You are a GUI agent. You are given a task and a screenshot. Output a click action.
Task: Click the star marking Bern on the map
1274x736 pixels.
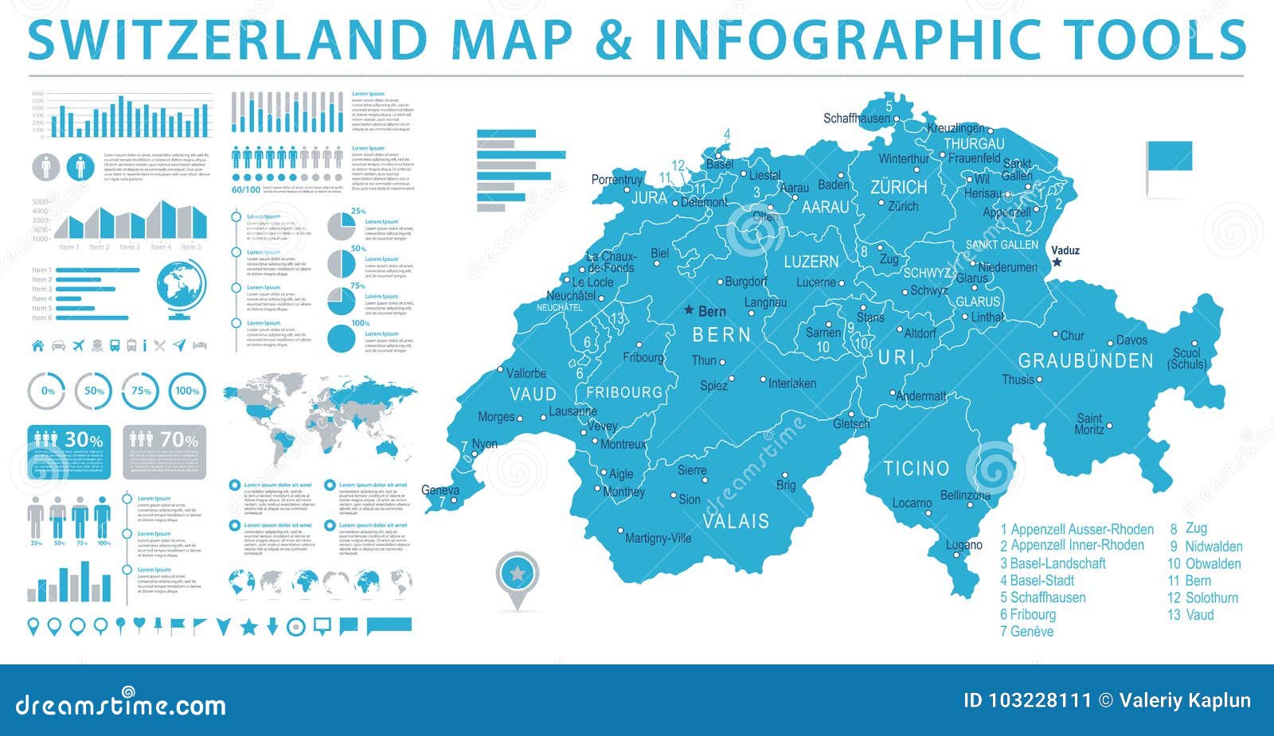coord(690,311)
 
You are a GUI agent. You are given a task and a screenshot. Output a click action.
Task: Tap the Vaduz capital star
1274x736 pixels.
coord(1057,263)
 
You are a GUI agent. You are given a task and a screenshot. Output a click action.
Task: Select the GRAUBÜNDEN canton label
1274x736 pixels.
coord(1085,361)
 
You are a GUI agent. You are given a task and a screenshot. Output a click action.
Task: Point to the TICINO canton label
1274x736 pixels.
coord(916,469)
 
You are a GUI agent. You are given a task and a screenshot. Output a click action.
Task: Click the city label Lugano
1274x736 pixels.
coord(963,546)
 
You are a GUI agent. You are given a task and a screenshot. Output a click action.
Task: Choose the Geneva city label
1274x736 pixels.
coord(440,490)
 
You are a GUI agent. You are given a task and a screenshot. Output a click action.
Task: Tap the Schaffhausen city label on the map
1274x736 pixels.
coord(856,119)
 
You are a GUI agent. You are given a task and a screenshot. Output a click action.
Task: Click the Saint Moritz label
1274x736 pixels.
coord(1089,424)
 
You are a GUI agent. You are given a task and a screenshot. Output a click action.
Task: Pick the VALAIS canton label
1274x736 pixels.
coord(736,521)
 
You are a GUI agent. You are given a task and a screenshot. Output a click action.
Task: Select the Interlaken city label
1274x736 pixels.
coord(791,384)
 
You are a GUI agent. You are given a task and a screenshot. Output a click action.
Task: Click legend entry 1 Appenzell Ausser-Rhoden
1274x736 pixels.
coord(1077,529)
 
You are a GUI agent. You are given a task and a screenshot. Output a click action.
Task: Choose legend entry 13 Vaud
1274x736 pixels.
coord(1190,615)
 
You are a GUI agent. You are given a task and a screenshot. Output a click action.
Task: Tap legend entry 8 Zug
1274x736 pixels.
coord(1188,528)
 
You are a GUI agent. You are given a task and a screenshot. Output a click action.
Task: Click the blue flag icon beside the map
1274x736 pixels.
coord(1169,157)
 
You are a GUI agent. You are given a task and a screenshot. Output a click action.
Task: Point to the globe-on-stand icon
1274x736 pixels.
coord(182,290)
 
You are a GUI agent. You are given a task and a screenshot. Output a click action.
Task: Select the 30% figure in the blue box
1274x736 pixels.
coord(84,440)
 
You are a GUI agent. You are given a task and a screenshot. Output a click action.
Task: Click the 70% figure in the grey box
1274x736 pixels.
coord(179,440)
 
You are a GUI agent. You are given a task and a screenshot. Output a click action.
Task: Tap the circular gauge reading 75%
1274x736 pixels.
coord(141,391)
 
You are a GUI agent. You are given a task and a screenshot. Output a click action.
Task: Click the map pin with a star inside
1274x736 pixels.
coord(518,574)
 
